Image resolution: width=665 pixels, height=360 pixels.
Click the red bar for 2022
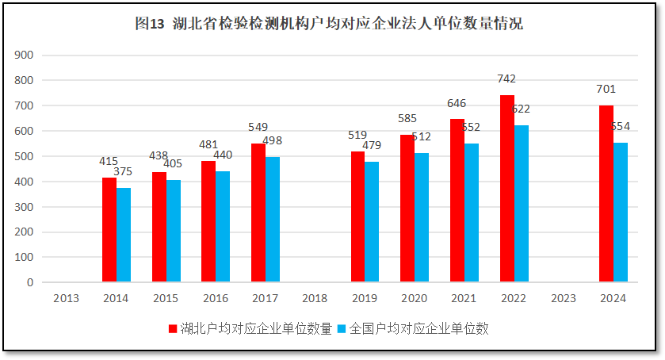pos(506,189)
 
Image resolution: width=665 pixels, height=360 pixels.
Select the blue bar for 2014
pos(124,235)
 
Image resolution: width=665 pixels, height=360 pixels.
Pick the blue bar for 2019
pos(372,222)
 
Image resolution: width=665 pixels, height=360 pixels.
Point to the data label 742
pos(506,79)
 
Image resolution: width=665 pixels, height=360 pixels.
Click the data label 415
pos(109,161)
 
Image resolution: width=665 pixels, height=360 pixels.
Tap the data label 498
pos(273,140)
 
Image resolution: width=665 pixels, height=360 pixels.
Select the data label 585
pos(407,118)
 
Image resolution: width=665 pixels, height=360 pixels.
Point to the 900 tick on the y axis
pos(25,56)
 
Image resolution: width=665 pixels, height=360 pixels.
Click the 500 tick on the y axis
pos(25,156)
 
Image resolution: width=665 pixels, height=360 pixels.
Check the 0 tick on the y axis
pos(30,282)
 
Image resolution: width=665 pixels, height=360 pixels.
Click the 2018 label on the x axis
pos(315,298)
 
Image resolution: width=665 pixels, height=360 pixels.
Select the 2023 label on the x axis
pos(563,298)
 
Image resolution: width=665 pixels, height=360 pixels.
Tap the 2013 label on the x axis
pos(66,298)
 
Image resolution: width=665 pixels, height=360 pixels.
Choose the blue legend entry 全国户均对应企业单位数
pos(412,328)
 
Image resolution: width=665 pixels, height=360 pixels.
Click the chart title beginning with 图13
pos(329,24)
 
